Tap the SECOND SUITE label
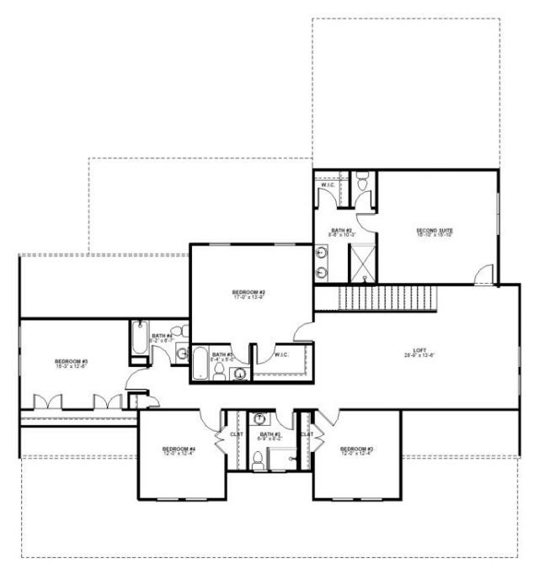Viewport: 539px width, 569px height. [435, 231]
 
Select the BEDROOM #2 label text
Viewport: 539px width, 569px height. [249, 294]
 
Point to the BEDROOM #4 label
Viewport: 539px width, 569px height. [179, 451]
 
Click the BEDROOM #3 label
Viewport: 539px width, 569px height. [356, 451]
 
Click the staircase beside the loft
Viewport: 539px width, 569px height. [388, 297]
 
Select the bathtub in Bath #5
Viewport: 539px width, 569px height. [200, 365]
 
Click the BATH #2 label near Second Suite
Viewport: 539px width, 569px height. [341, 231]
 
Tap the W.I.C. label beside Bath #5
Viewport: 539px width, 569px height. [281, 354]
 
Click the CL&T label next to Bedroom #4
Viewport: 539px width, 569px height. [237, 434]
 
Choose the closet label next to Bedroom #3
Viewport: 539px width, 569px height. [307, 434]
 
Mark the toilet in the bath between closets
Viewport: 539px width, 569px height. [259, 460]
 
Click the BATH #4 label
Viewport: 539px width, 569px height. [163, 337]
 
